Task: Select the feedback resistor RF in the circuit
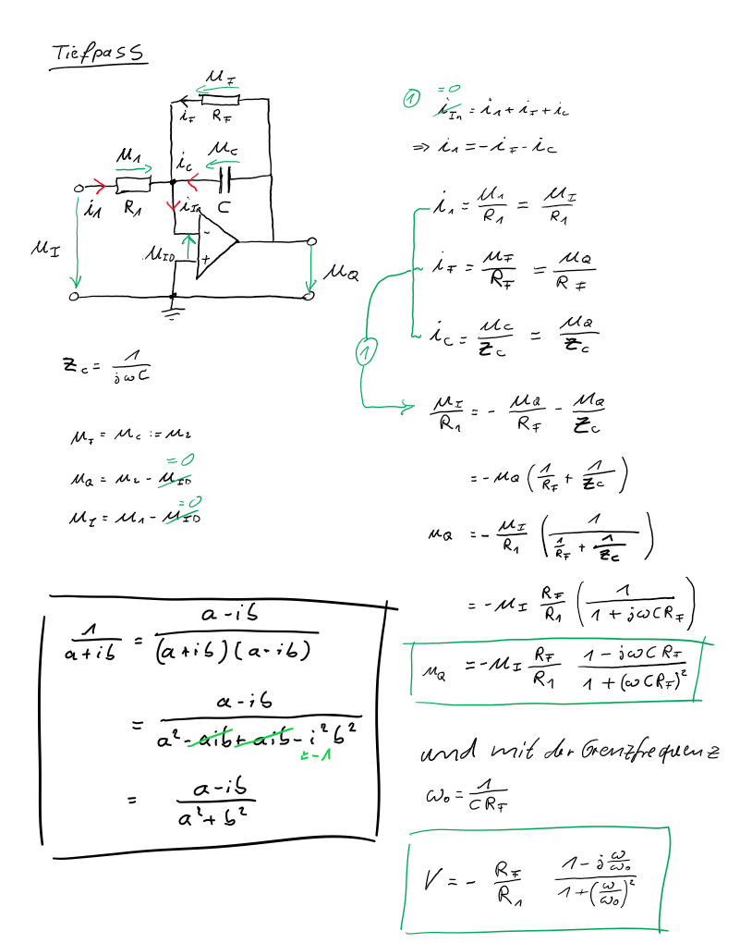click(x=222, y=100)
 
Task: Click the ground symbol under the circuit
click(x=172, y=312)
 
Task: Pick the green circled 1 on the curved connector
click(x=366, y=352)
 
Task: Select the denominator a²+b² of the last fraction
click(x=217, y=816)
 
